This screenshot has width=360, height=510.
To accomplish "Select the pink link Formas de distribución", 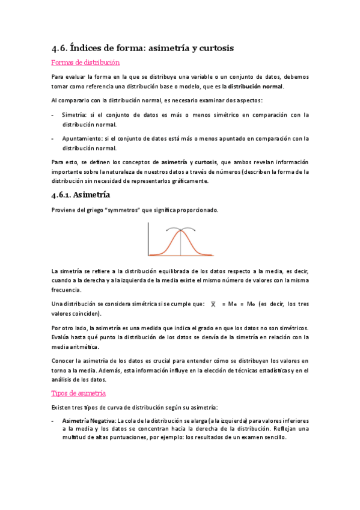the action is click(85, 62).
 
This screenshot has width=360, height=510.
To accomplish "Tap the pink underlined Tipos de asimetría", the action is click(79, 393).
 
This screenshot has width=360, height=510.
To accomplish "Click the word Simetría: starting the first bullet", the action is click(74, 114).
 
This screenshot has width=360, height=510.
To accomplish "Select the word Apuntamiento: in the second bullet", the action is click(82, 138).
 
